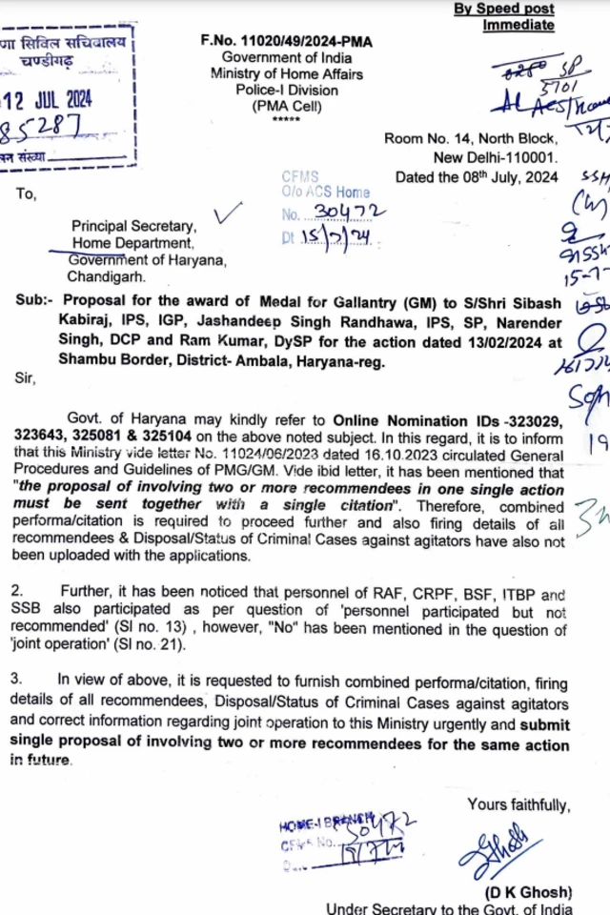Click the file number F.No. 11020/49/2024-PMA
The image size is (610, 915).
coord(286,41)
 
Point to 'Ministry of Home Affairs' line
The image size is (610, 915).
coord(286,73)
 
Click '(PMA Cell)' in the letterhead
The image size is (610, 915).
coord(286,106)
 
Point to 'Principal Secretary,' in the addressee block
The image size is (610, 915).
coord(134,227)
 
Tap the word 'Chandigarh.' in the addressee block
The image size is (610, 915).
coord(110,277)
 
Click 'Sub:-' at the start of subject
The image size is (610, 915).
coord(37,298)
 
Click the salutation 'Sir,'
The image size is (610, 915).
coord(25,376)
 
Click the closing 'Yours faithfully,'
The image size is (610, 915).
coord(518,805)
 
